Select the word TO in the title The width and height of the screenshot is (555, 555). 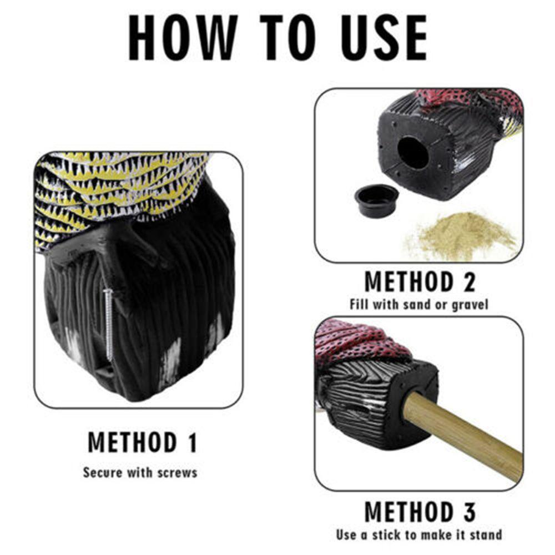(x=287, y=37)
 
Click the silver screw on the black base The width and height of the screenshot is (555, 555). (x=109, y=325)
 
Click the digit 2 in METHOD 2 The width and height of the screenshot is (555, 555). (x=468, y=282)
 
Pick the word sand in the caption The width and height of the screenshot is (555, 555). (x=417, y=304)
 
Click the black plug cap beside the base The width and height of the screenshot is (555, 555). (x=376, y=200)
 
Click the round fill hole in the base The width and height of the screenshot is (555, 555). (x=413, y=153)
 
